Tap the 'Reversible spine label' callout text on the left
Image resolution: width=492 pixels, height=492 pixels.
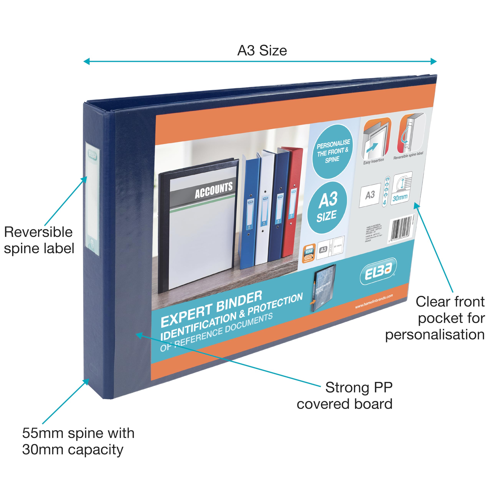39,240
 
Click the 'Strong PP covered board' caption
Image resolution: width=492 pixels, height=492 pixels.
345,396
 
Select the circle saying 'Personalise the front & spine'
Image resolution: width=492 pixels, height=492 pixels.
333,151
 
